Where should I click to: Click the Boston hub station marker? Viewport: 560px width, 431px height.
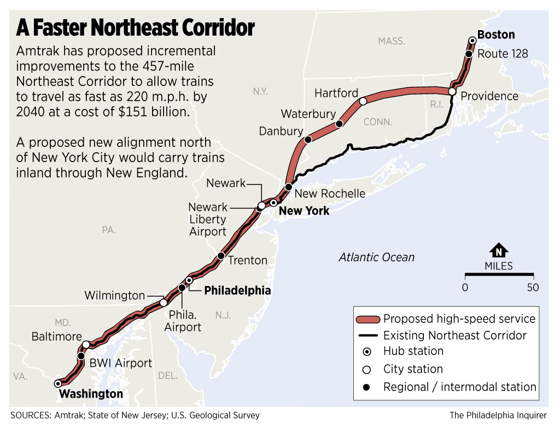[x=472, y=40]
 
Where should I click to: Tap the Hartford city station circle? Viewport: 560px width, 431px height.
[x=363, y=101]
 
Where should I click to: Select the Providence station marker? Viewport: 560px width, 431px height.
[x=452, y=91]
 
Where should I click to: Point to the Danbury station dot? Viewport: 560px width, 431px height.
[x=308, y=140]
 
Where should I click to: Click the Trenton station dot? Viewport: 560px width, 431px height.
[x=221, y=256]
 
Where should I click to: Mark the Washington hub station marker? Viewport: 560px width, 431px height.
[x=57, y=383]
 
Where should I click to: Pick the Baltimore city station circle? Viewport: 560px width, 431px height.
[x=86, y=344]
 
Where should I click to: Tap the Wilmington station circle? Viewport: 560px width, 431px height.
[x=164, y=302]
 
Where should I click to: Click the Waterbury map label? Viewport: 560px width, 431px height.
[x=308, y=114]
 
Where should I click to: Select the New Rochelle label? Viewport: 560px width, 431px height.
[x=330, y=193]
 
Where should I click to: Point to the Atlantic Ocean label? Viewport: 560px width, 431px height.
[x=376, y=257]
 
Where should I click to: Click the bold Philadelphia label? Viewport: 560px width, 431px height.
[x=237, y=290]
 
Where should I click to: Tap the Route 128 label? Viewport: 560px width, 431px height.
[x=503, y=54]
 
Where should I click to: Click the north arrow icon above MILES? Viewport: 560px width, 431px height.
[x=499, y=251]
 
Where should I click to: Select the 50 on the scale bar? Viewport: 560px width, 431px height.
[x=533, y=288]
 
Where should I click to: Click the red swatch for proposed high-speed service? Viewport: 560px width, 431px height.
[x=367, y=319]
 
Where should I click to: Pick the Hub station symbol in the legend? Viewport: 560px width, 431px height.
[x=367, y=351]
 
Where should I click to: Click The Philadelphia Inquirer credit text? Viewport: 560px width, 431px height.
[x=498, y=415]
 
